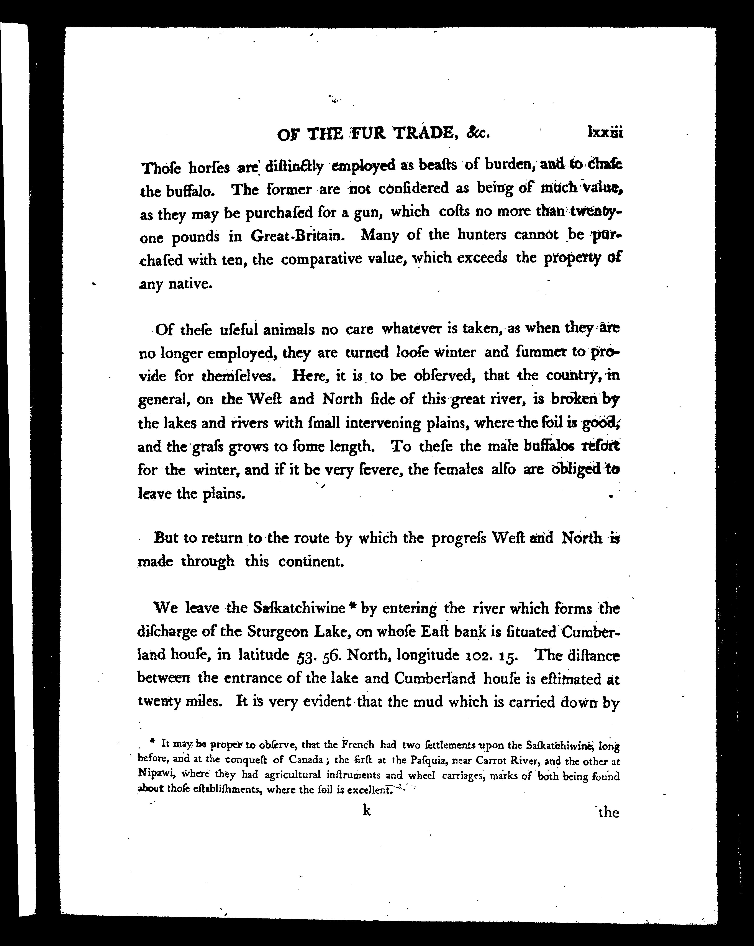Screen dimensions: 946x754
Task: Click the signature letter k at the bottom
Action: coord(367,811)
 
